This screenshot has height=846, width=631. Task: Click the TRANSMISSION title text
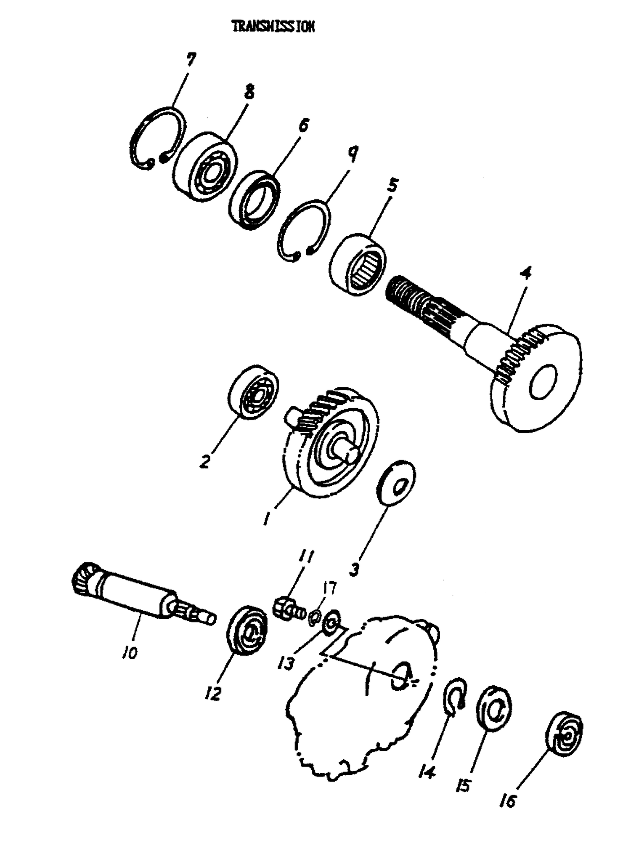tap(273, 27)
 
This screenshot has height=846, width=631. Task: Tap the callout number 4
tap(525, 274)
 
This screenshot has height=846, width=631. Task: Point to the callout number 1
tap(267, 519)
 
